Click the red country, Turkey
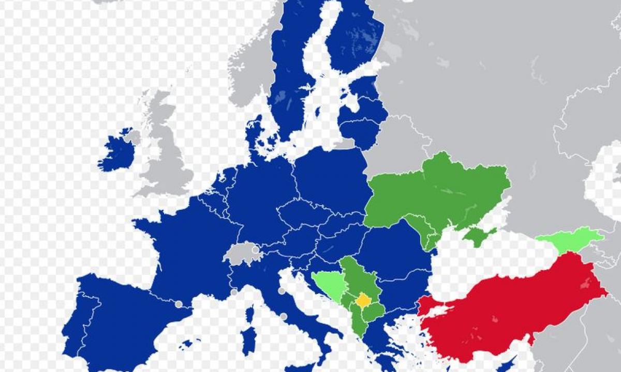[507, 310]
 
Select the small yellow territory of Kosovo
[363, 300]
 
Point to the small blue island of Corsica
[250, 313]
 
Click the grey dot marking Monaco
[234, 292]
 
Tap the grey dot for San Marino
[282, 291]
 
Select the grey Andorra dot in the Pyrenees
[179, 304]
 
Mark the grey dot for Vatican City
[284, 316]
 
